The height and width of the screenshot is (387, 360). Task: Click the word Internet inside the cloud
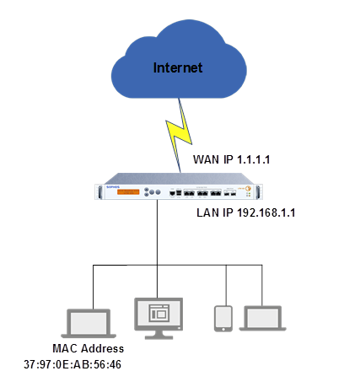pyautogui.click(x=178, y=67)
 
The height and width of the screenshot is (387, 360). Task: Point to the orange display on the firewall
pyautogui.click(x=126, y=192)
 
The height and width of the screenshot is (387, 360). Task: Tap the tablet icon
pyautogui.click(x=223, y=317)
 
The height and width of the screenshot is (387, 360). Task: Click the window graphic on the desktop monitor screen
pyautogui.click(x=159, y=313)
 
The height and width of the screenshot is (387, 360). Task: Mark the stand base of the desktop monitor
pyautogui.click(x=159, y=337)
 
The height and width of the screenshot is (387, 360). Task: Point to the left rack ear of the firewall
pyautogui.click(x=101, y=191)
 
